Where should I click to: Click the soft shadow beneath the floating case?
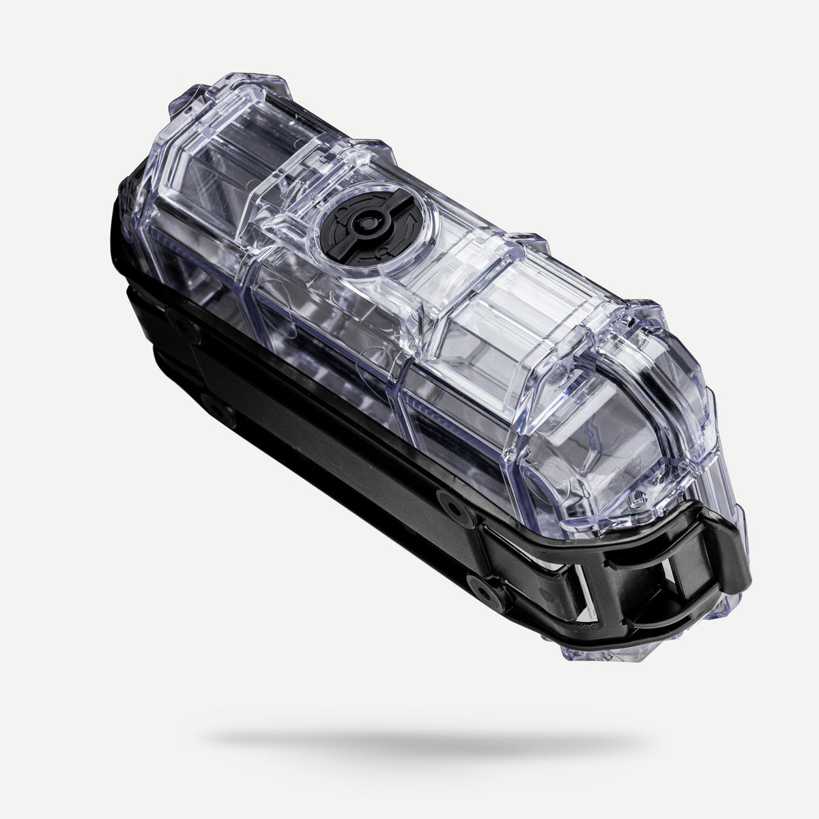[423, 737]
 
